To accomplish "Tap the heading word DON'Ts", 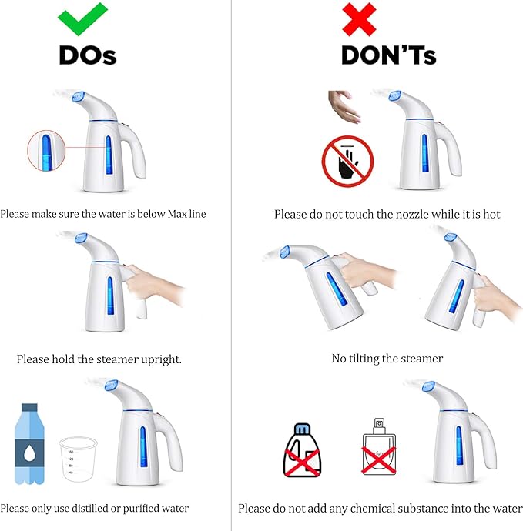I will (x=389, y=55).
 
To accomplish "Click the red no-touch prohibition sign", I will (x=347, y=162).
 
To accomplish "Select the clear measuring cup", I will (x=79, y=459).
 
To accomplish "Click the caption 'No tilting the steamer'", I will (x=387, y=358).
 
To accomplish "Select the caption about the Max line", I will (x=103, y=214).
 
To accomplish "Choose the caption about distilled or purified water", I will (x=95, y=508).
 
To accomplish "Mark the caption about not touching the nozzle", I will (x=387, y=214).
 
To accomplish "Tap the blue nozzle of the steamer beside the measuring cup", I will (x=109, y=386).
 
